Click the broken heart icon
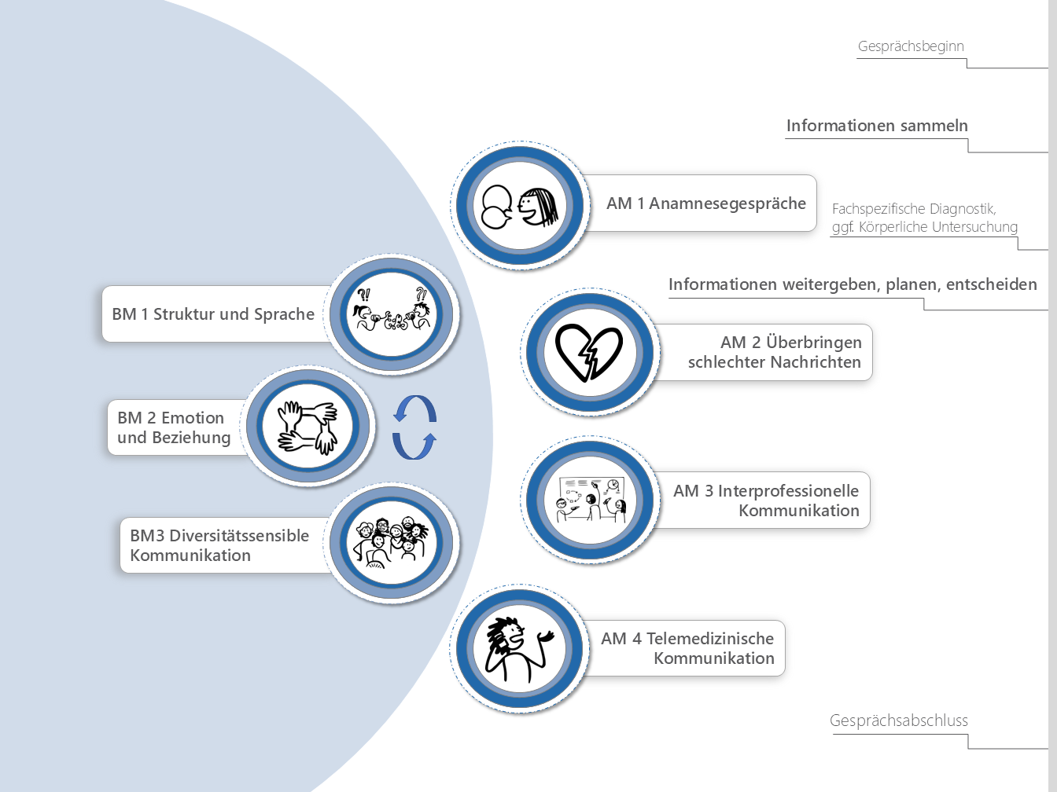(x=589, y=351)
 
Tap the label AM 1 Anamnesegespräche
(x=705, y=203)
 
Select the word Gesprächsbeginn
(x=911, y=46)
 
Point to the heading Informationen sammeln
(x=877, y=126)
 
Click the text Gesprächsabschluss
(x=899, y=720)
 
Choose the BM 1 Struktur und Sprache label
(x=213, y=314)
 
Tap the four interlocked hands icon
(x=308, y=427)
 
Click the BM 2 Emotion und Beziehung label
(x=174, y=427)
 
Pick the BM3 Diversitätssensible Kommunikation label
(x=219, y=545)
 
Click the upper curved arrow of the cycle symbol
(x=414, y=409)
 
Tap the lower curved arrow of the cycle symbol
(x=414, y=445)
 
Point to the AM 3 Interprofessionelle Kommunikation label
(x=766, y=500)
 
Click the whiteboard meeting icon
(x=590, y=500)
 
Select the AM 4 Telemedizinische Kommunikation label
(x=687, y=648)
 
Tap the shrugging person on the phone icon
(x=519, y=649)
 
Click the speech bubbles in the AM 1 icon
(x=497, y=207)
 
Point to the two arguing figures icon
(x=392, y=313)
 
